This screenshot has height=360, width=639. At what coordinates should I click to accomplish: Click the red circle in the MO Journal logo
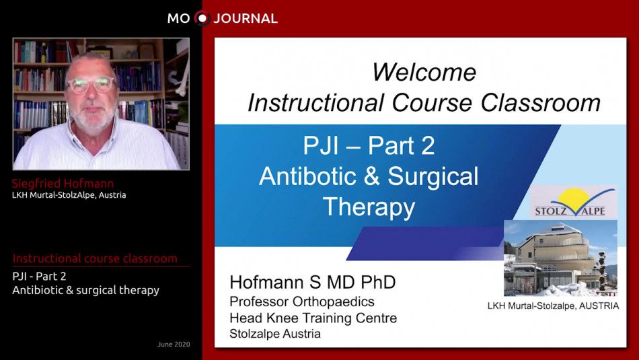tap(202, 18)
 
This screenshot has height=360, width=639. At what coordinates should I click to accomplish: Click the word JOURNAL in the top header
tap(246, 19)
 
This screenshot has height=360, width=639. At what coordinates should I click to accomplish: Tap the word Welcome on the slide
tap(424, 72)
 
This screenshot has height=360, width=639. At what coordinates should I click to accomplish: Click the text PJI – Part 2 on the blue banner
tap(369, 145)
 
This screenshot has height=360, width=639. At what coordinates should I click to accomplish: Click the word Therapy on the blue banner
tap(369, 207)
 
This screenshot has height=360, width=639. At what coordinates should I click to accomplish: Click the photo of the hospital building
tap(560, 258)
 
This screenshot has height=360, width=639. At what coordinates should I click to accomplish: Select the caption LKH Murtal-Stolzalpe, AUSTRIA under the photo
tap(552, 305)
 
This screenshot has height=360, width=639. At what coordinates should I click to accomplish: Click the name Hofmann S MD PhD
tap(313, 282)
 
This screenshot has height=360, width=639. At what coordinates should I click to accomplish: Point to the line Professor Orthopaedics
tap(302, 301)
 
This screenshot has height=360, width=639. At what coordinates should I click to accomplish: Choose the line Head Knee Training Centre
tap(313, 318)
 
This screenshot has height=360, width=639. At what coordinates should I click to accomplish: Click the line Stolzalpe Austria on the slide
tap(274, 333)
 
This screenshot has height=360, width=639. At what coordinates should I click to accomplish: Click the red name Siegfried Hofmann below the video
tap(63, 184)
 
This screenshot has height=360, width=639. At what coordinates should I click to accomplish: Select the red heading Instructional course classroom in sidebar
tap(95, 258)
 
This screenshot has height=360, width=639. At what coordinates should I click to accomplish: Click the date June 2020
tap(174, 345)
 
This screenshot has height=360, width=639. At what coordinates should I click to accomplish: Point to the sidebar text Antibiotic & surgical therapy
tap(85, 290)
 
